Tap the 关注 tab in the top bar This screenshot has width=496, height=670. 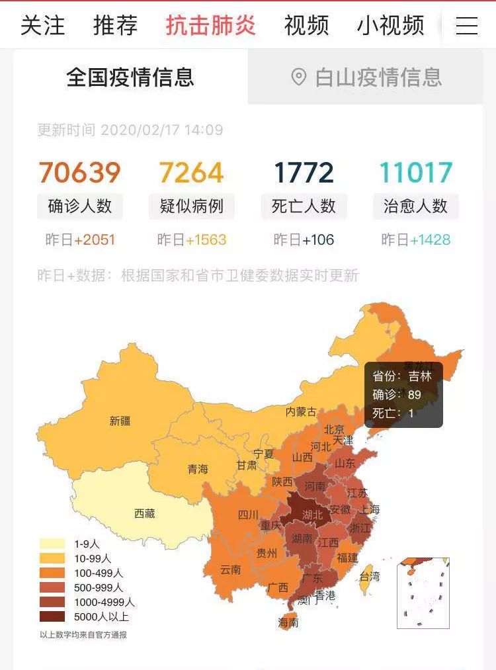click(x=43, y=26)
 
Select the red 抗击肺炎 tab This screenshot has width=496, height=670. click(x=211, y=26)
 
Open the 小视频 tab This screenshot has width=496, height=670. click(x=391, y=26)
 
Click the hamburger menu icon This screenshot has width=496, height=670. click(x=467, y=26)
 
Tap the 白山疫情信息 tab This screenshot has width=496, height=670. click(x=366, y=77)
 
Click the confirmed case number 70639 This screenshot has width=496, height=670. click(x=79, y=173)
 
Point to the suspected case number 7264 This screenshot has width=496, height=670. click(x=191, y=173)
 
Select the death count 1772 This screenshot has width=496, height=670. click(x=304, y=173)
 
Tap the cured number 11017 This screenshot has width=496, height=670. click(x=415, y=173)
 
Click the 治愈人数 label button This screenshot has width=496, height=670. click(x=415, y=206)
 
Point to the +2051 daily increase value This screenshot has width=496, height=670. click(x=95, y=239)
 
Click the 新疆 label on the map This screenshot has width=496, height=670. click(x=120, y=421)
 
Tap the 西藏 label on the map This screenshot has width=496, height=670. click(x=144, y=513)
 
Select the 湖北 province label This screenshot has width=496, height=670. click(x=312, y=515)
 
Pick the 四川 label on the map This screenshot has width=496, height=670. click(x=248, y=515)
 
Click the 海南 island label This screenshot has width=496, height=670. click(x=288, y=622)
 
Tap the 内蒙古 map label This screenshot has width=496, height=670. click(x=301, y=411)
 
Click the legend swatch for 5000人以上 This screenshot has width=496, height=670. click(x=52, y=616)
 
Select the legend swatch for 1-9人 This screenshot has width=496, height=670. click(x=52, y=544)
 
